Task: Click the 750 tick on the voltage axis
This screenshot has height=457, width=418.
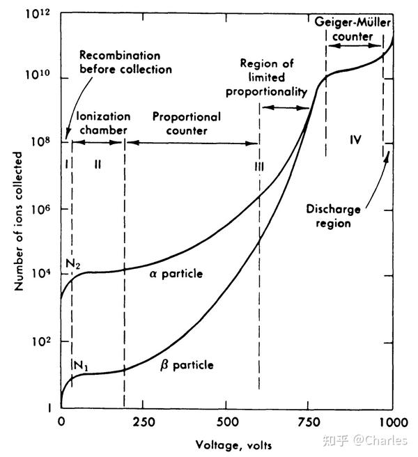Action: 309,408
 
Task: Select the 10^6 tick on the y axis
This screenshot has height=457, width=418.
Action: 61,208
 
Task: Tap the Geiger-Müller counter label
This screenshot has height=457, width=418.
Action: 354,30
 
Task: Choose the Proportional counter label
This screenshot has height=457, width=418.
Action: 186,123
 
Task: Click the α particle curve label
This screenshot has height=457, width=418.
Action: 176,274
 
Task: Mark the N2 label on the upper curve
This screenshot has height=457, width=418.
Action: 73,263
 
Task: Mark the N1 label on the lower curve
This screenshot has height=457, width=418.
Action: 80,364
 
